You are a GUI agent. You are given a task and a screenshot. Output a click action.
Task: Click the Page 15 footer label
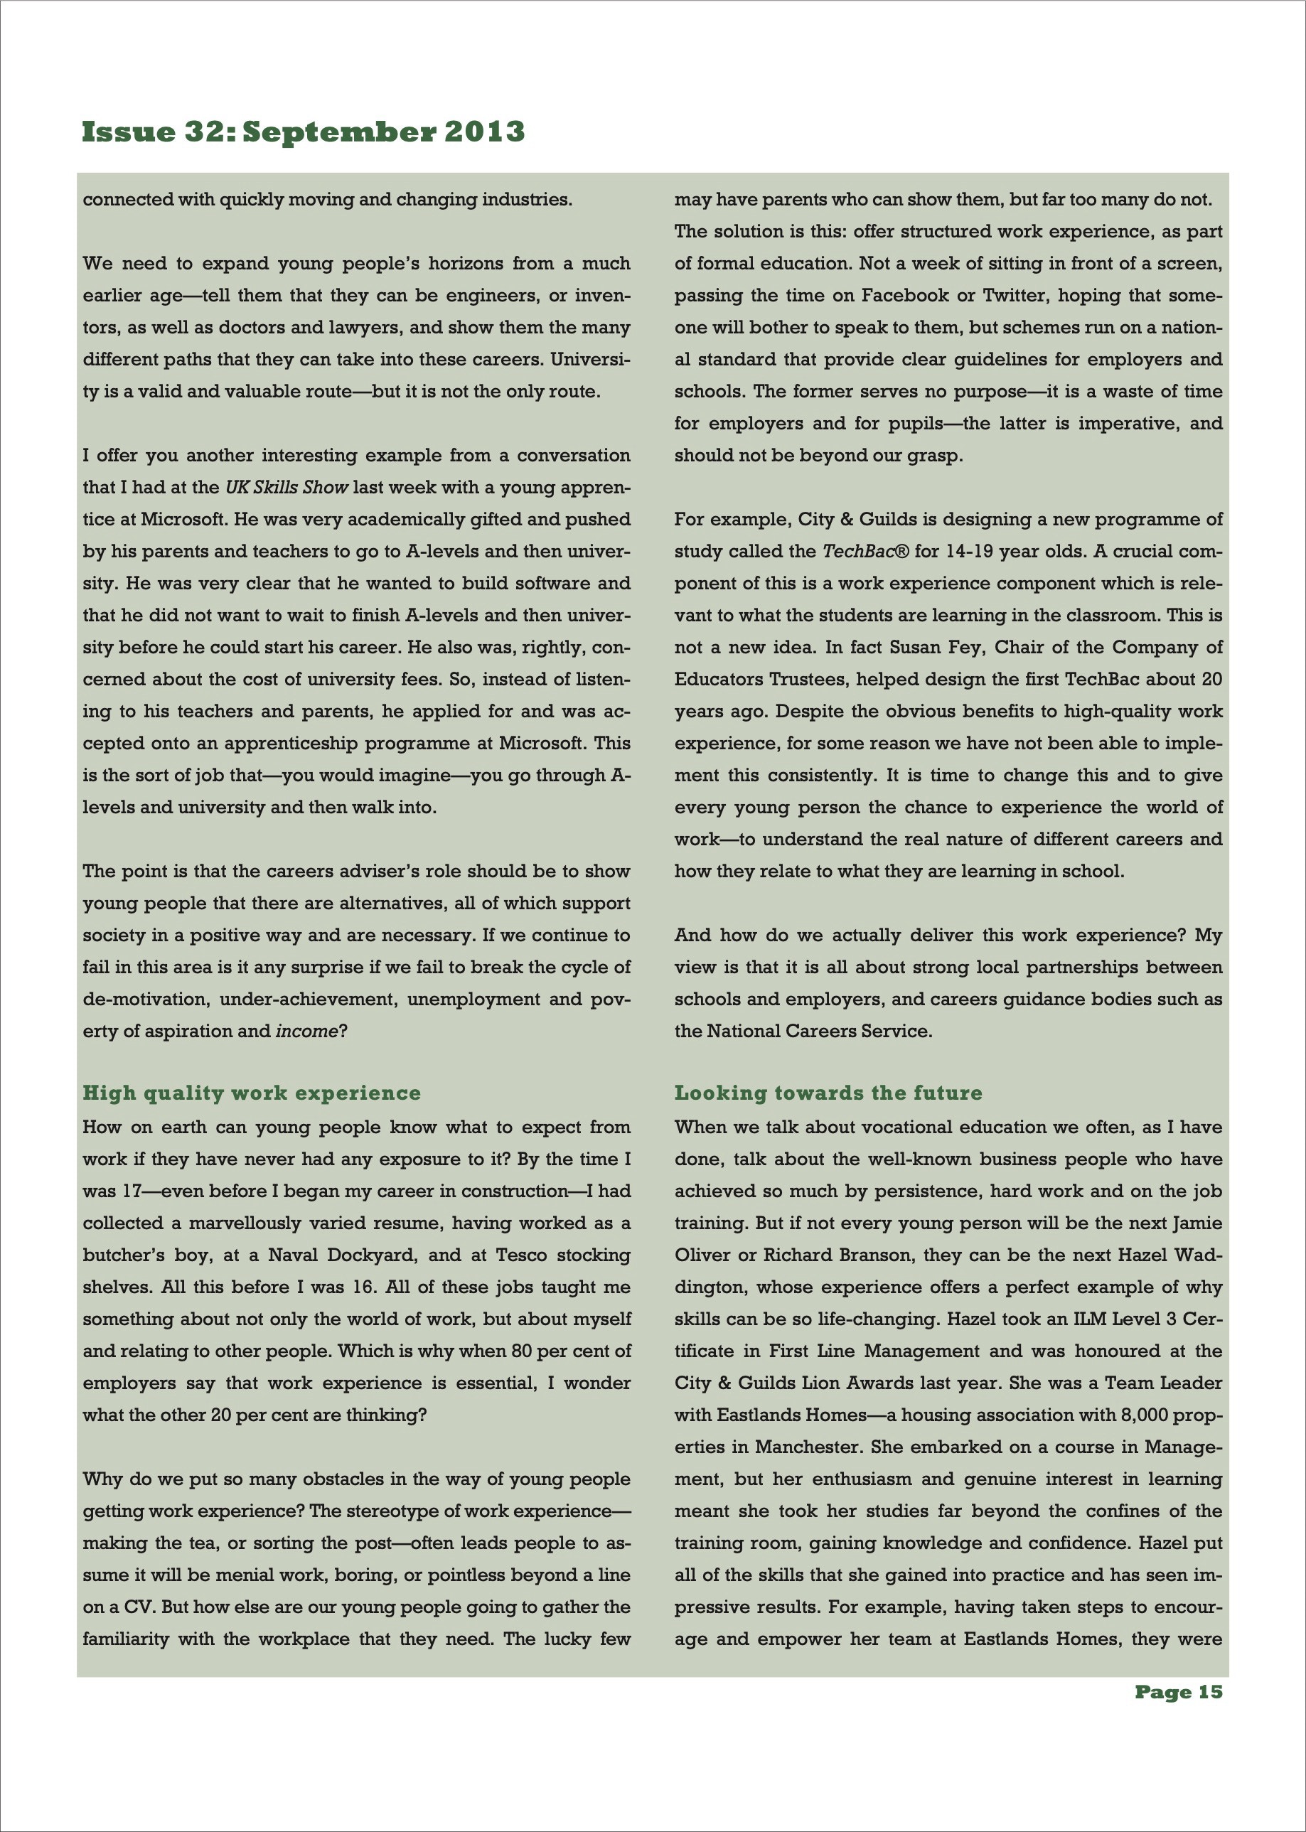click(1178, 1692)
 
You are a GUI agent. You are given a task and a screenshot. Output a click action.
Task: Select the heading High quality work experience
click(252, 1092)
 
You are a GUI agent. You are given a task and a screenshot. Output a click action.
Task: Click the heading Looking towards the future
click(828, 1092)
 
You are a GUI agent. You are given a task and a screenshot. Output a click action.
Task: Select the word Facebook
click(905, 295)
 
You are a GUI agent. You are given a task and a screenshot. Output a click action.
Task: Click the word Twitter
click(1014, 295)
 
